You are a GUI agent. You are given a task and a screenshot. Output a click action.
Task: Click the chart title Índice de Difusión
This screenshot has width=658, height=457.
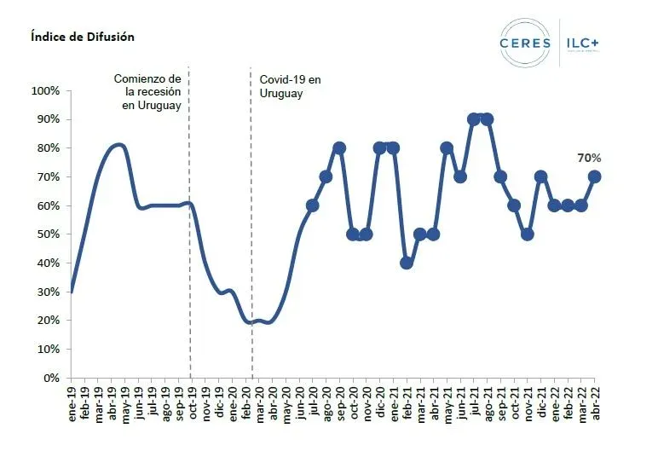point(82,37)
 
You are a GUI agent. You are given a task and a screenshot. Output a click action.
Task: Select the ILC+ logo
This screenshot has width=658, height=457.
point(589,43)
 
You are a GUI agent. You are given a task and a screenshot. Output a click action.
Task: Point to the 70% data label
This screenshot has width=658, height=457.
point(590,158)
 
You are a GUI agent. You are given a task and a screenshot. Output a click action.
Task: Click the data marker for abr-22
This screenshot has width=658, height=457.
point(594,176)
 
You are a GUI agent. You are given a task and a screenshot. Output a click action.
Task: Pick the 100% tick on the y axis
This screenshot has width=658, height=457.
point(45,90)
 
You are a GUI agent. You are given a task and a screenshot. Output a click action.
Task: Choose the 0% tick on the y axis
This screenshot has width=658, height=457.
point(50,378)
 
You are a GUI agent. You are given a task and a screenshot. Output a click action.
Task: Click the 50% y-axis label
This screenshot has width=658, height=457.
point(48,234)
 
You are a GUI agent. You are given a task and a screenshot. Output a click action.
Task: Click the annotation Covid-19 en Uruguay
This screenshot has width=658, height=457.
point(291,86)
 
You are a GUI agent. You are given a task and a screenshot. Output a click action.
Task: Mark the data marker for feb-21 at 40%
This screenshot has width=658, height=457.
point(407,263)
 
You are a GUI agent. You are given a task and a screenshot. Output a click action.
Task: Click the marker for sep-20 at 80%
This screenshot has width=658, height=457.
point(339,148)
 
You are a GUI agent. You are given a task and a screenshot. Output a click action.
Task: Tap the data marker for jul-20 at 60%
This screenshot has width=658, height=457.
point(312,205)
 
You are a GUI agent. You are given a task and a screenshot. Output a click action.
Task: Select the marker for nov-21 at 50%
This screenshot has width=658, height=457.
point(528,234)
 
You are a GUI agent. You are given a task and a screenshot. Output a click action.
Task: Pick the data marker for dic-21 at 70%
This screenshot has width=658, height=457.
point(540,176)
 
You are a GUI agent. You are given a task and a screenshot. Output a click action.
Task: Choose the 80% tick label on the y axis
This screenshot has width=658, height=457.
point(48,148)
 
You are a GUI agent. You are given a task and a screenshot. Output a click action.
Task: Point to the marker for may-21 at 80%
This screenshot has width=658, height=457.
point(447,148)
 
